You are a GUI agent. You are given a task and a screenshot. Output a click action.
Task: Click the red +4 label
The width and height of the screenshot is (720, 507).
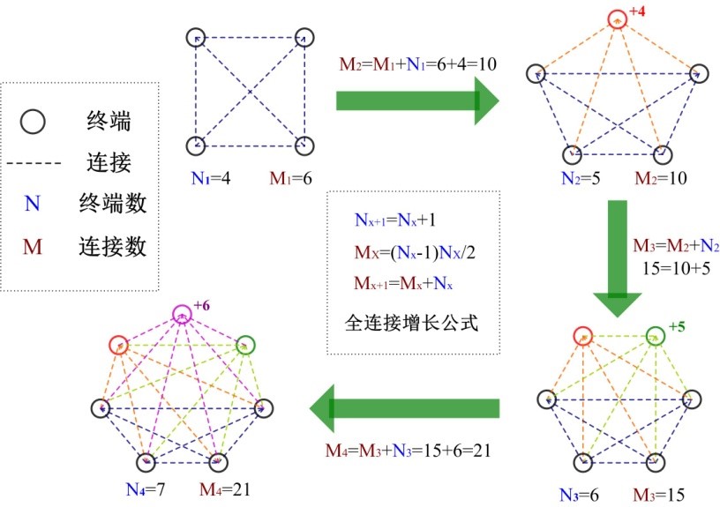[637, 12]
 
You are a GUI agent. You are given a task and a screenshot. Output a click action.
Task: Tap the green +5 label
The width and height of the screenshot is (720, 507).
[677, 326]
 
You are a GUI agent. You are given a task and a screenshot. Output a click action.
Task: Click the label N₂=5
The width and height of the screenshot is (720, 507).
[581, 179]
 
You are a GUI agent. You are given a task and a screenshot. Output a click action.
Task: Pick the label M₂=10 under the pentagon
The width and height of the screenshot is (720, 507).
[661, 179]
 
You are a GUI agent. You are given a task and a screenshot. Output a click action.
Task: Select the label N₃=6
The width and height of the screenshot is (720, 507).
[579, 494]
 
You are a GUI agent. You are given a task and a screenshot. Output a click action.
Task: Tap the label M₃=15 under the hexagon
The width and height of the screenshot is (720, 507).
[658, 494]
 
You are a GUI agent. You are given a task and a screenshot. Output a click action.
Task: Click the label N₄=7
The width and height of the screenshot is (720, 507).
[142, 487]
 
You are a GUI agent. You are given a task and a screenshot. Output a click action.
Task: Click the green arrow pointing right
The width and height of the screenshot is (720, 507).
[417, 99]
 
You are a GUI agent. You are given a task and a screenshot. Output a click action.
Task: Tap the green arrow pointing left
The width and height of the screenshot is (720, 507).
[404, 409]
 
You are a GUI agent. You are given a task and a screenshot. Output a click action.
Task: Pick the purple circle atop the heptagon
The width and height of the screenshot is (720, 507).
[181, 313]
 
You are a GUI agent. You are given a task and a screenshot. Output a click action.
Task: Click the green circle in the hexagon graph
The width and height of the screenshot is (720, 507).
[655, 336]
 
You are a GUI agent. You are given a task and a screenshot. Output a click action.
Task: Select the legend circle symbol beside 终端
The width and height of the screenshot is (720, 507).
[33, 121]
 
